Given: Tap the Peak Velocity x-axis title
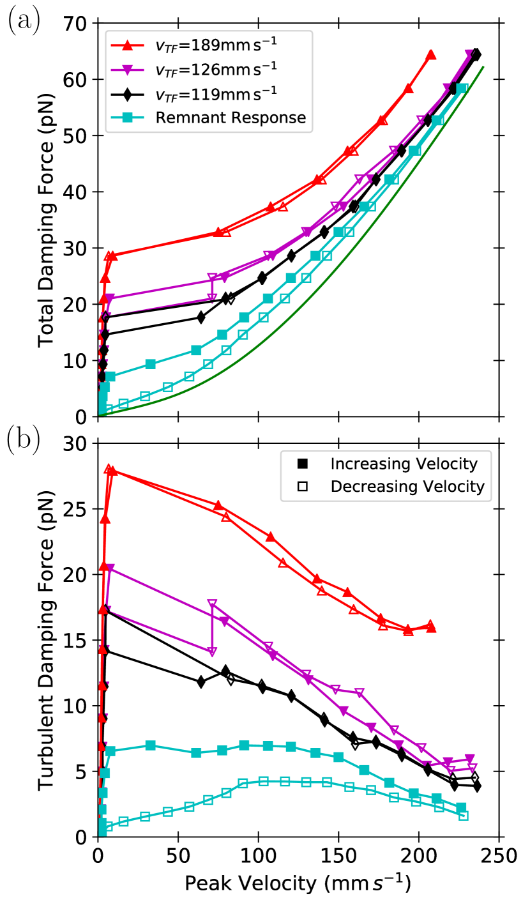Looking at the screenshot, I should (x=297, y=883).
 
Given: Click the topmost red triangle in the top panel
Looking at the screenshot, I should (x=430, y=54).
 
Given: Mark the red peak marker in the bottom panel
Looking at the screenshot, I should (x=109, y=470).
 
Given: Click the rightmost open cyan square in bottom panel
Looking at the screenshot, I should (x=464, y=816).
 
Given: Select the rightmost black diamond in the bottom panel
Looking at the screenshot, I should (x=475, y=786).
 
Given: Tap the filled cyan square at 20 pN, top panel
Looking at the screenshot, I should (x=268, y=299).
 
